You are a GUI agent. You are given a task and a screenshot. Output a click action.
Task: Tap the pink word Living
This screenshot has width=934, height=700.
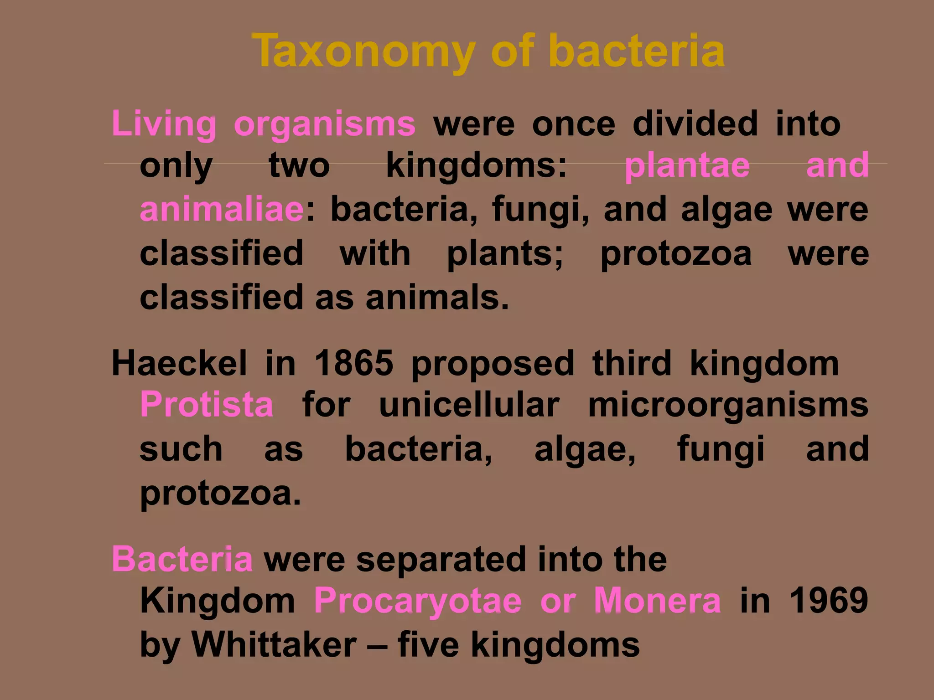[x=164, y=124]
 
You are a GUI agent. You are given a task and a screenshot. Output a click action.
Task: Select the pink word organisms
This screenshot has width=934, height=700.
[x=324, y=124]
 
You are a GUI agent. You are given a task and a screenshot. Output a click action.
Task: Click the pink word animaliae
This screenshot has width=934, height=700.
[x=222, y=209]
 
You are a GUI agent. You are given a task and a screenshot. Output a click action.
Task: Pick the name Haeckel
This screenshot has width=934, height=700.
[x=179, y=364]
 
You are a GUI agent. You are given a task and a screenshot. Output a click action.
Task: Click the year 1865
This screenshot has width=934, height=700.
[x=353, y=364]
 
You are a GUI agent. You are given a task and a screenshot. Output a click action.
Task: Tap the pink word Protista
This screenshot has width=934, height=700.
[x=207, y=405]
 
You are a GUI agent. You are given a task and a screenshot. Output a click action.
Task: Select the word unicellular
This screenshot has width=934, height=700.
[x=469, y=405]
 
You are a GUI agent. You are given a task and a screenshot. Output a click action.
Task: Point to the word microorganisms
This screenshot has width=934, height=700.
[x=728, y=405]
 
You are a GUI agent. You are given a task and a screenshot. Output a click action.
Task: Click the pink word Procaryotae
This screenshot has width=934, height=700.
[x=418, y=601]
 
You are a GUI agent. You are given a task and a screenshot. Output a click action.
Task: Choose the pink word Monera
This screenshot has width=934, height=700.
[x=657, y=601]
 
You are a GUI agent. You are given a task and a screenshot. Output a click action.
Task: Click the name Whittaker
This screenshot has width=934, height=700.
[x=274, y=644]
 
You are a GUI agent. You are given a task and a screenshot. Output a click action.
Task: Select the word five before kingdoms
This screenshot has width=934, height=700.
[x=428, y=644]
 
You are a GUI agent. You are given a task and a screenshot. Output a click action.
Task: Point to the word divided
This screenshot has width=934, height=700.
[x=695, y=124]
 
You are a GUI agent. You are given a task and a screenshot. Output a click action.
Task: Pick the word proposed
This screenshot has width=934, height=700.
[x=493, y=364]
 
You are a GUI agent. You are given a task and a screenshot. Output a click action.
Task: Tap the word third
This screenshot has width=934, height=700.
[x=632, y=364]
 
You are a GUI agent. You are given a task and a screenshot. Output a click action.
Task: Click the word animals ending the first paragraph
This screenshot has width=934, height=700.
[x=436, y=298]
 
